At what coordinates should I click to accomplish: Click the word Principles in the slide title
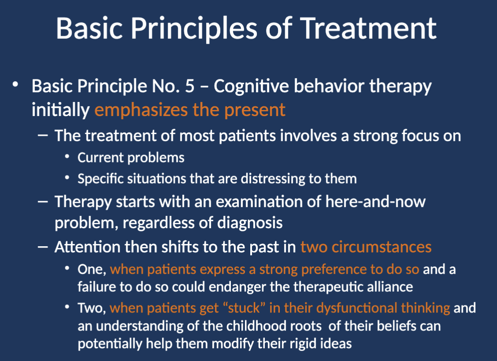(x=194, y=29)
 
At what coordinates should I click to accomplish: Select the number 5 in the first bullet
(x=189, y=86)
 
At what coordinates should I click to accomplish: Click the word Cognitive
(x=251, y=86)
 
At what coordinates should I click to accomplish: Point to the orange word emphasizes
(x=141, y=110)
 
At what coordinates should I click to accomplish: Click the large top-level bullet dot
(x=15, y=85)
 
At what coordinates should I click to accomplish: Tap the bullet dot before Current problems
(x=67, y=157)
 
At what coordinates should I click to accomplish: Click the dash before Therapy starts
(x=43, y=202)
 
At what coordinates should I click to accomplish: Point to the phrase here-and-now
(x=375, y=202)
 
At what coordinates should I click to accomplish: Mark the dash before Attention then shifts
(x=43, y=247)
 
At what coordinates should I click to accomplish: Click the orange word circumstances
(x=382, y=247)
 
